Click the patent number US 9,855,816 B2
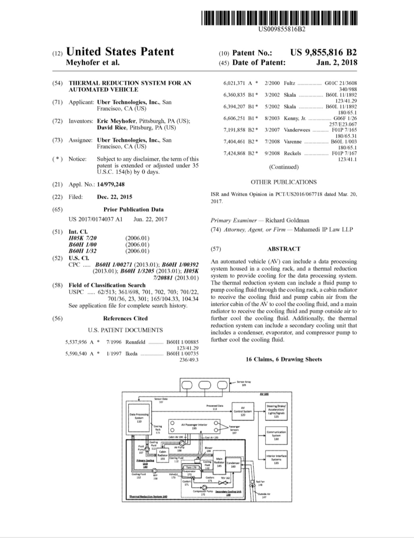click(x=323, y=52)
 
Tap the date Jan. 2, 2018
click(x=337, y=63)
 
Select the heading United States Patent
click(x=120, y=52)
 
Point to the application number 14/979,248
click(x=111, y=184)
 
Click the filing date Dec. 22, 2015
click(x=115, y=197)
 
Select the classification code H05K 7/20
click(x=83, y=238)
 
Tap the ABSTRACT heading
click(x=284, y=249)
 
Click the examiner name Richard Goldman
click(x=287, y=220)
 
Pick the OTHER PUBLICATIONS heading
click(x=283, y=182)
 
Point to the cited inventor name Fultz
click(x=289, y=83)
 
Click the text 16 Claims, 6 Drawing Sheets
click(x=284, y=359)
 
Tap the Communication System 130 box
click(x=276, y=436)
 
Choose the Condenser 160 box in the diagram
click(x=233, y=465)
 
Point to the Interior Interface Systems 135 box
click(x=276, y=459)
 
